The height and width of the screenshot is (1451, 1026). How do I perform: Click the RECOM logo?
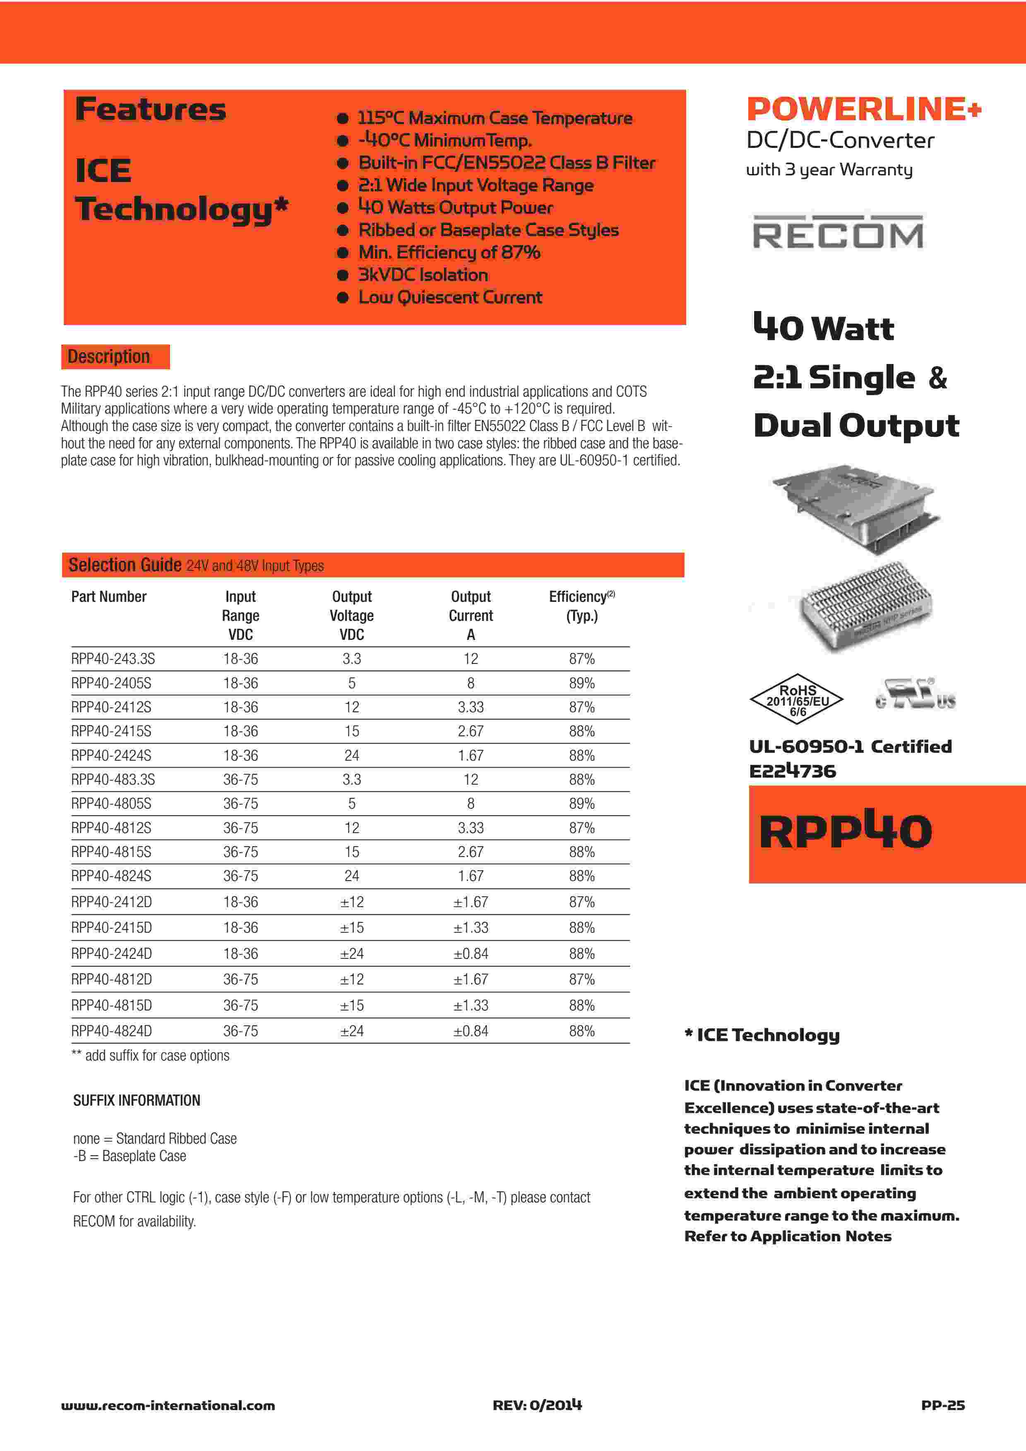coord(838,232)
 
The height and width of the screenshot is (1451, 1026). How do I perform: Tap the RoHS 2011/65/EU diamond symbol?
coord(797,699)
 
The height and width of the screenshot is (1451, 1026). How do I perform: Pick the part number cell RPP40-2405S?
coord(111,683)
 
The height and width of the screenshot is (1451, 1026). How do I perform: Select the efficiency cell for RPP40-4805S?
coord(581,804)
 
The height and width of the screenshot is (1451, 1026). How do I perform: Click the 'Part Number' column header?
coord(109,596)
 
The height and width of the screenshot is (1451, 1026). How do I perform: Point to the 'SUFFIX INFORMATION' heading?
coord(137,1100)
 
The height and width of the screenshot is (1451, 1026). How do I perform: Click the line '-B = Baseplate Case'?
coord(130,1156)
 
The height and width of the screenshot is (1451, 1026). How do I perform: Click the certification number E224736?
coord(792,771)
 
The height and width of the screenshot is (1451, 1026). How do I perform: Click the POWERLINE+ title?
coord(863,109)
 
